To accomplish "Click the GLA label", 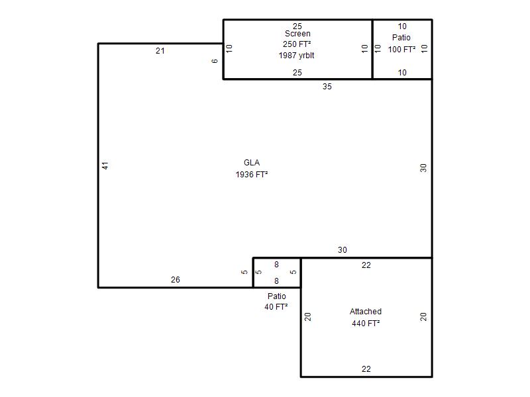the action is [252, 163].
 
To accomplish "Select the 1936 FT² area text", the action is [252, 175].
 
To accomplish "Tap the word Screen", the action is [297, 34].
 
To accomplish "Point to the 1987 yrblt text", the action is [296, 56].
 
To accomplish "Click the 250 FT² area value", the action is [297, 44].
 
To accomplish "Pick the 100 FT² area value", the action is [401, 50].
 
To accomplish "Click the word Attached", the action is [366, 312].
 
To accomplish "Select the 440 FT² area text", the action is [366, 324].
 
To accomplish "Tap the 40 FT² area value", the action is [276, 307].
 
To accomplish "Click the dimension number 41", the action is [105, 166].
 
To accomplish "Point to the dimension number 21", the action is [160, 51].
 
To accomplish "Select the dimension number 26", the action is [176, 280].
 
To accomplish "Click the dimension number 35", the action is [327, 87].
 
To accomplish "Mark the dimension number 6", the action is [215, 61].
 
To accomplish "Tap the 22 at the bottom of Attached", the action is [366, 369].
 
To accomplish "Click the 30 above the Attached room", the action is [343, 250].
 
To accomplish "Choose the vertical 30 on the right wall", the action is [423, 168].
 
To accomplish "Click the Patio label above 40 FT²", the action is [277, 296].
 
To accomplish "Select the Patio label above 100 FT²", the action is [401, 38].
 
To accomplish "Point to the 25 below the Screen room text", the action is [297, 73].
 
